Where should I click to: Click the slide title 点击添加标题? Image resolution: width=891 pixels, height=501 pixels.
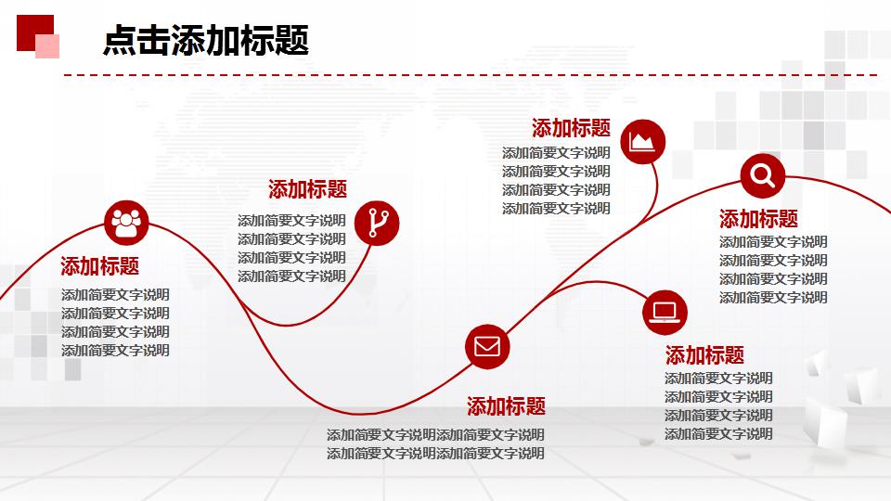coord(205,39)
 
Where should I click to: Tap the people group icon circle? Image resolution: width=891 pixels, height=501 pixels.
coord(126,221)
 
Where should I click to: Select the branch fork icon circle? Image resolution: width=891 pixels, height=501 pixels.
coord(377,222)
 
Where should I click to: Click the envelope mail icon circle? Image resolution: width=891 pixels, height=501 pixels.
coord(487,347)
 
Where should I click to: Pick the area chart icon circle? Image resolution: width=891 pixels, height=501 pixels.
coord(642,142)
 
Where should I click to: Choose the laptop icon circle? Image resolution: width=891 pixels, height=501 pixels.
coord(665,312)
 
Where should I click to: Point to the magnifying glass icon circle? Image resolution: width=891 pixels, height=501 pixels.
coord(763,175)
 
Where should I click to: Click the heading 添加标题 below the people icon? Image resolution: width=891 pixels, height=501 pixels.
coord(100,266)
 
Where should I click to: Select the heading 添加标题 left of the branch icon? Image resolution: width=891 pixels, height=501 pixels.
coord(307,190)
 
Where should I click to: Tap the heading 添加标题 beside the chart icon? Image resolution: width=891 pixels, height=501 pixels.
coord(571,128)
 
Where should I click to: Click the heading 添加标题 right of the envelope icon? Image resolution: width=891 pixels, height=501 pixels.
coord(506,406)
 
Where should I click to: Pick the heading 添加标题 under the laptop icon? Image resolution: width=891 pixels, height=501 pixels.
coord(704,355)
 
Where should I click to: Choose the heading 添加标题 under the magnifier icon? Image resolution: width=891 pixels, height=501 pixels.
coord(758,220)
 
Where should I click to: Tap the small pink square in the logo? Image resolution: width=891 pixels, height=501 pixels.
coord(48,46)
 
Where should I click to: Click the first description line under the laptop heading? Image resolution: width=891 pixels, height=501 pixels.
coord(718,379)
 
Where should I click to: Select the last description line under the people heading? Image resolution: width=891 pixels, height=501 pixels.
coord(115,351)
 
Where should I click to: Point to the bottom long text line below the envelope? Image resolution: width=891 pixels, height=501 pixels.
coord(435,454)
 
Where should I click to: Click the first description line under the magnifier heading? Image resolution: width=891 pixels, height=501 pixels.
coord(773,242)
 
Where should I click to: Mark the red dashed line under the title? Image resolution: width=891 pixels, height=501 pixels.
coord(469,74)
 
